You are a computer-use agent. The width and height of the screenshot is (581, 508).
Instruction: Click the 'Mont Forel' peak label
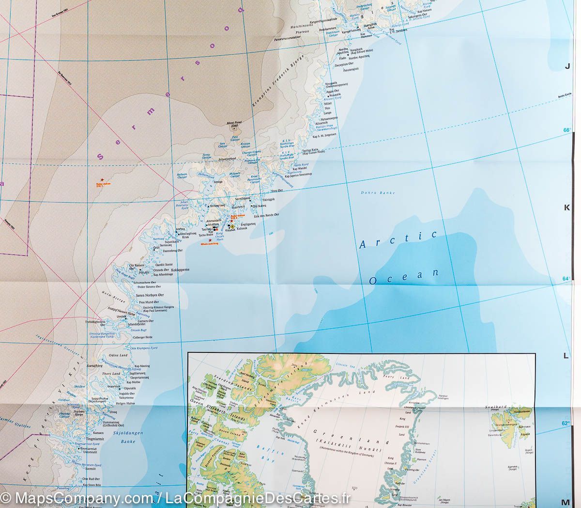(234, 124)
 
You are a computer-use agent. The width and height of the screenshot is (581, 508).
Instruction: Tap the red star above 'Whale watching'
(210, 240)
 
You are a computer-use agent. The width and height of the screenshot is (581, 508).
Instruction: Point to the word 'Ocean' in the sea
(403, 277)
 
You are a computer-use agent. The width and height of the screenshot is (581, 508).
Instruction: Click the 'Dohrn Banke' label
(372, 193)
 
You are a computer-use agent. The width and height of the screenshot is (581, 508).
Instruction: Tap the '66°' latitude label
(566, 130)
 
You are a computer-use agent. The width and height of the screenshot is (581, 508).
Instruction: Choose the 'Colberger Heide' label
(141, 337)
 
